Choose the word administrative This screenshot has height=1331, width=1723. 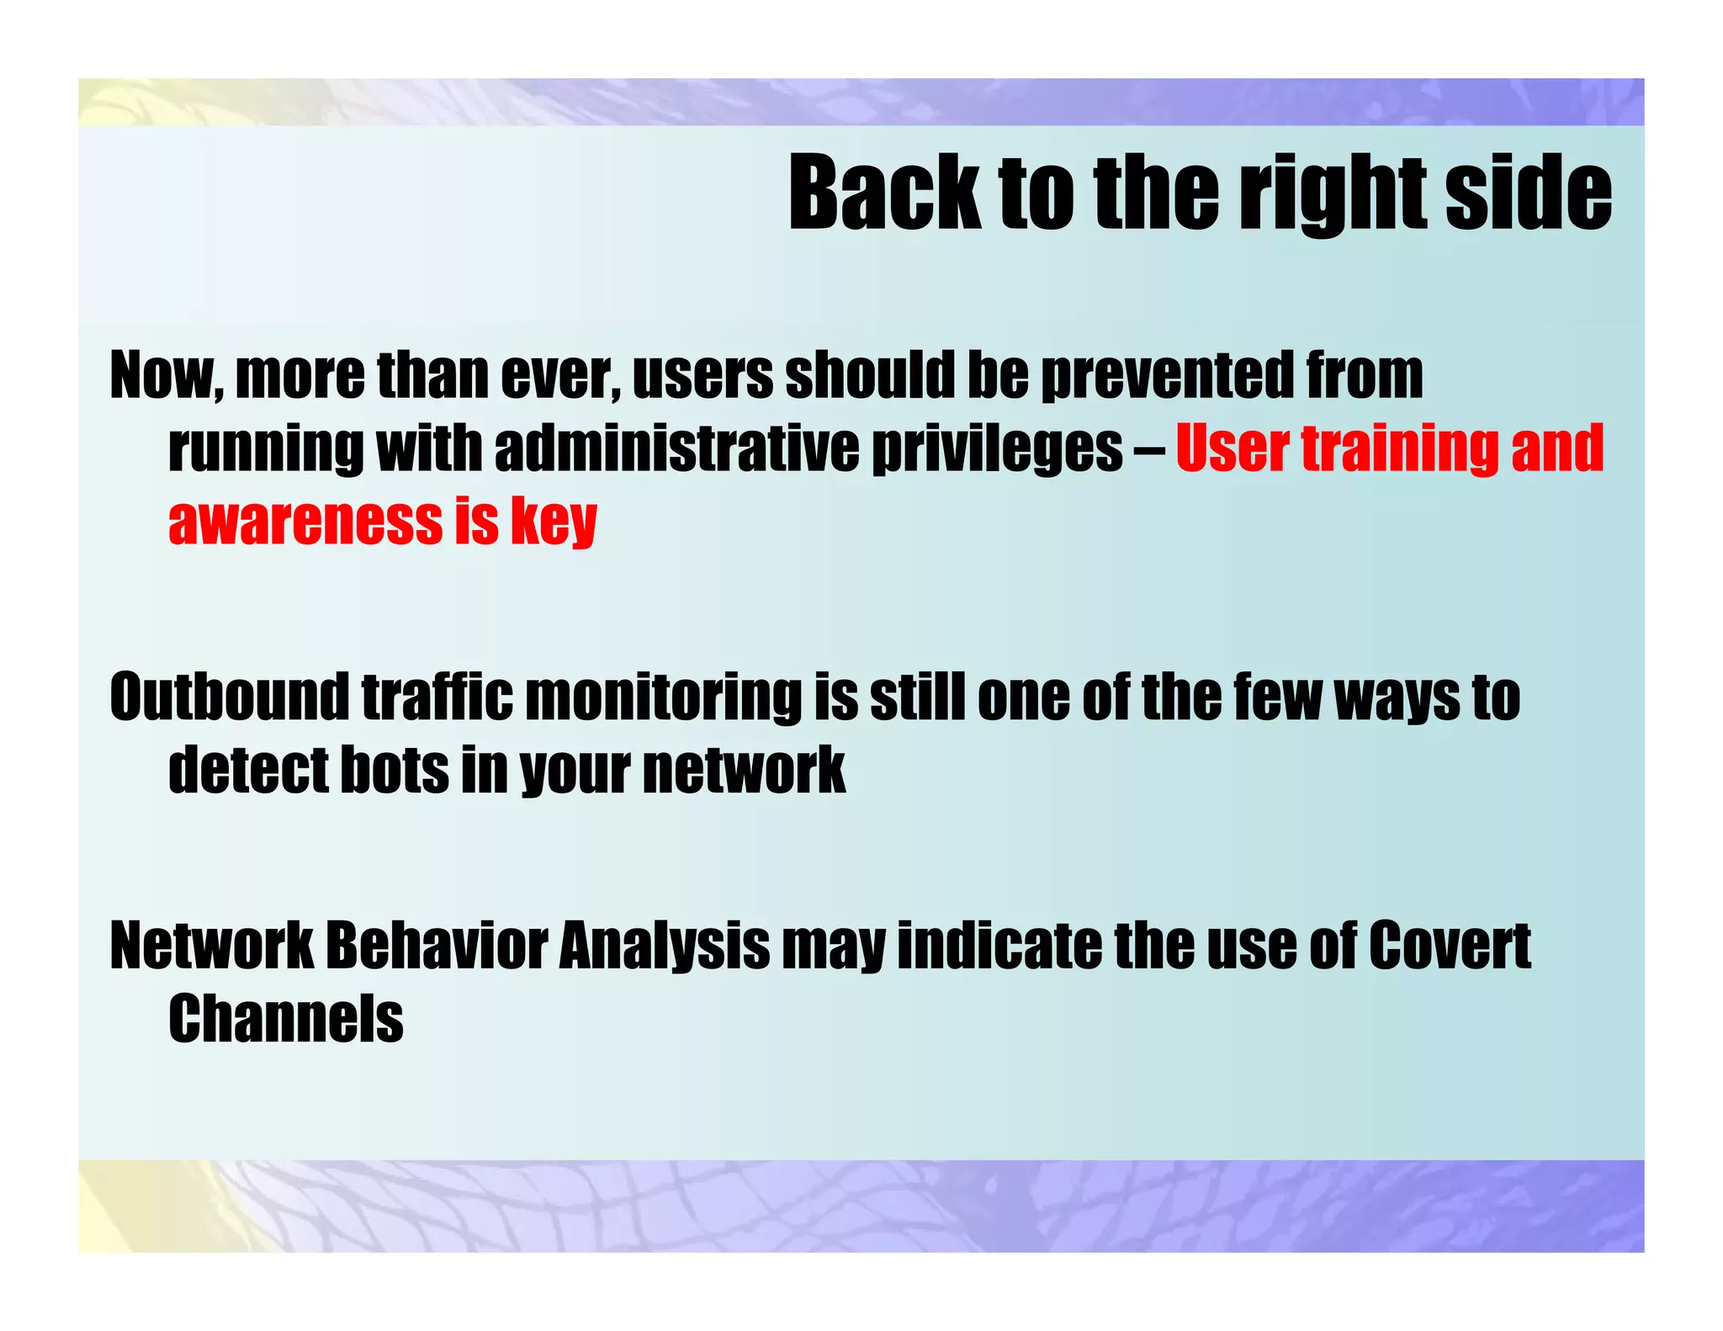(x=676, y=448)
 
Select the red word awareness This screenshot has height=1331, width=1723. (x=305, y=522)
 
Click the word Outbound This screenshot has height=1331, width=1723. (x=229, y=697)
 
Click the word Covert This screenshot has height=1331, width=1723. (x=1449, y=946)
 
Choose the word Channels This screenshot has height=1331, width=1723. (x=286, y=1018)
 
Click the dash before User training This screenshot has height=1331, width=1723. (x=1149, y=449)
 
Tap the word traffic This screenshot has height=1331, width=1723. (x=437, y=697)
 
